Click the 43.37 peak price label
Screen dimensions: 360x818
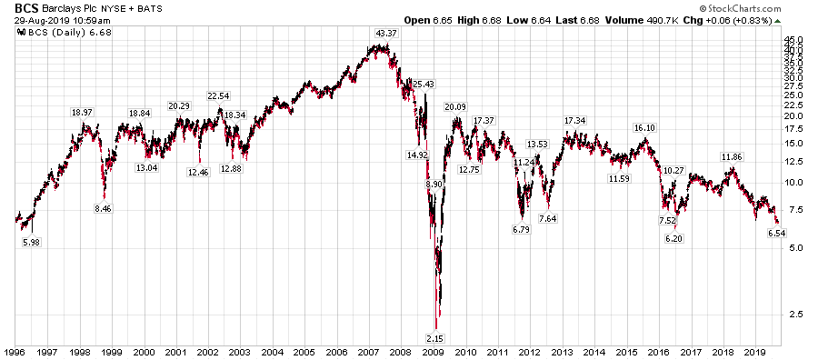[x=386, y=34]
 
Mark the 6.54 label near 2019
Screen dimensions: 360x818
[x=775, y=234]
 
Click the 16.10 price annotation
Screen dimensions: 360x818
[x=644, y=128]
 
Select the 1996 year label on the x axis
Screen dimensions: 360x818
[x=16, y=351]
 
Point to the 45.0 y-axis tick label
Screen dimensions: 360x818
[x=794, y=40]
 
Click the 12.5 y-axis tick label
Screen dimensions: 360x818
[x=794, y=162]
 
